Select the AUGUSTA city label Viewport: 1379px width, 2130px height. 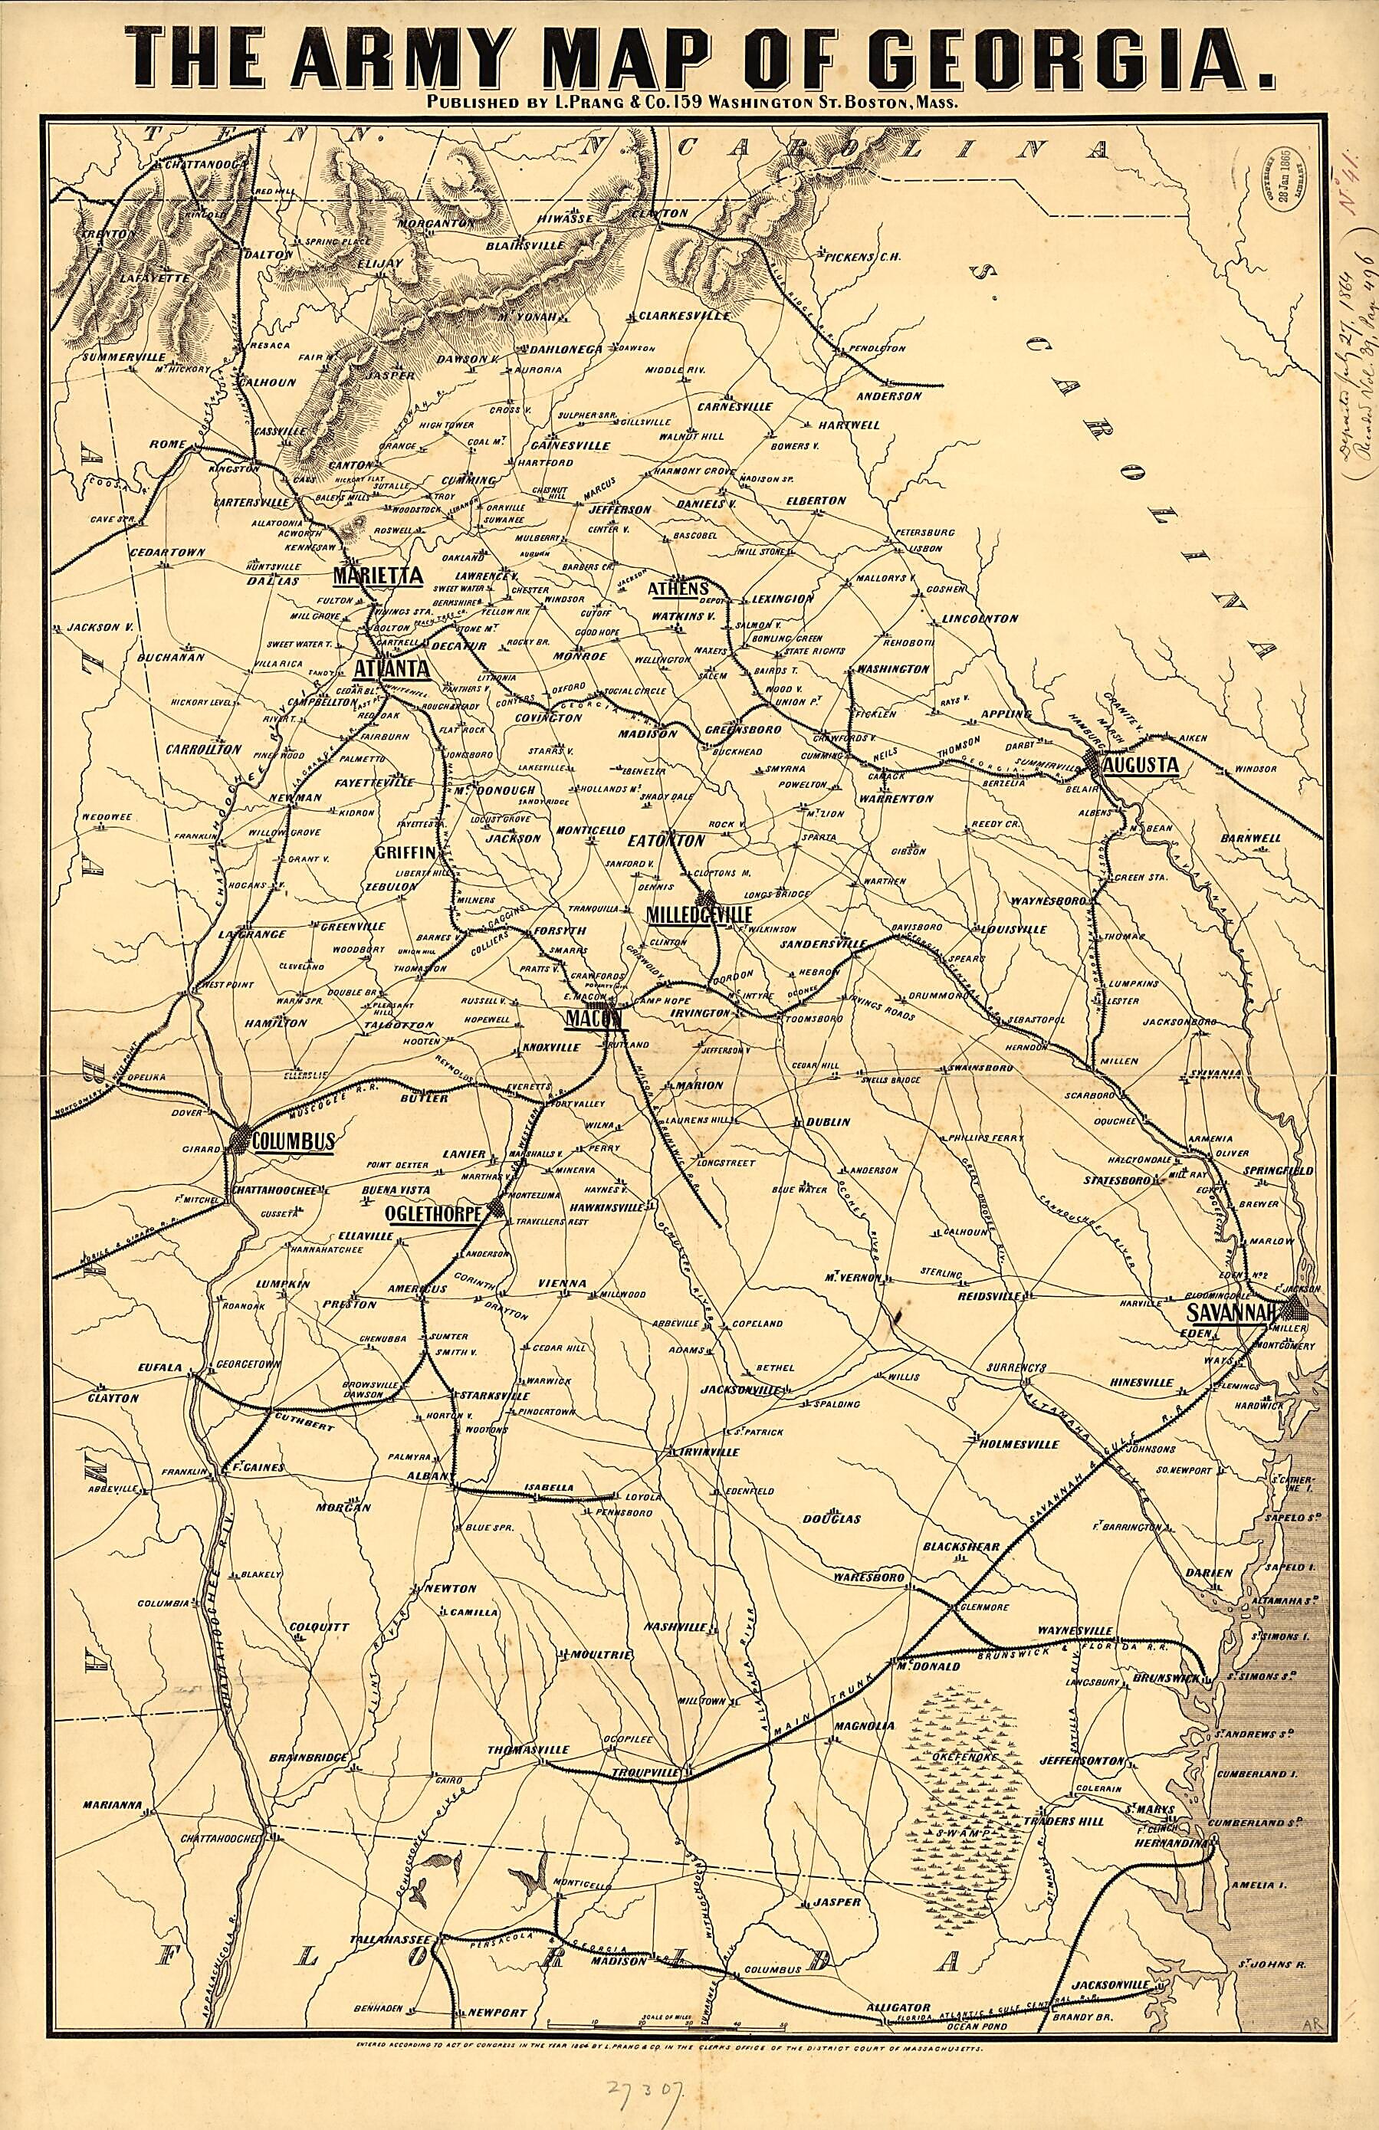(1140, 764)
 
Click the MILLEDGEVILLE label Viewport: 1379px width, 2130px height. (698, 913)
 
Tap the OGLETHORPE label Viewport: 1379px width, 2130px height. (433, 1213)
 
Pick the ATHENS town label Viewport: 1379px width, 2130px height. (678, 588)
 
